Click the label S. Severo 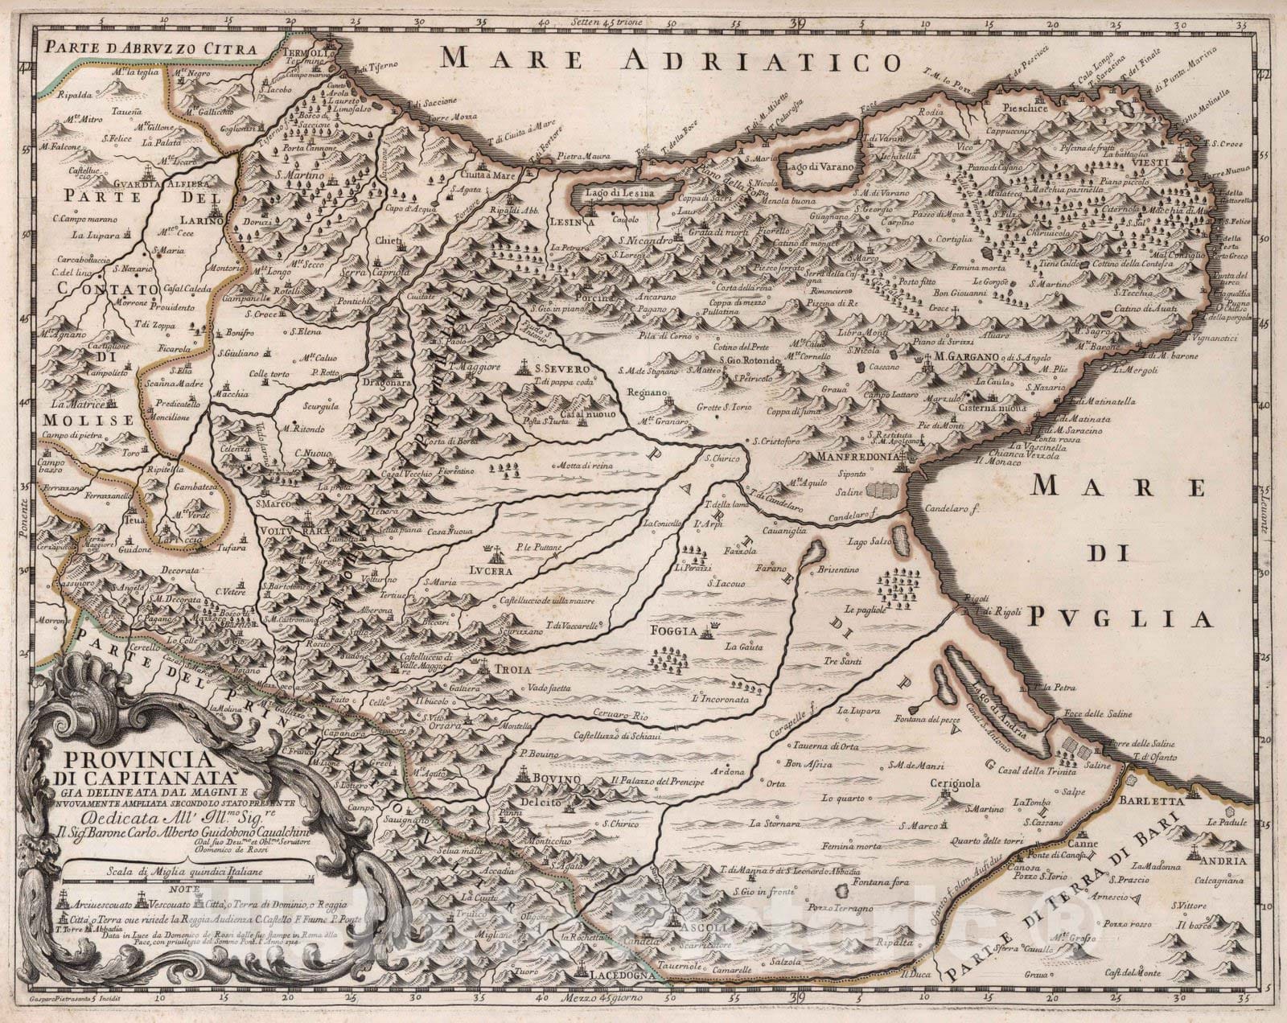point(561,369)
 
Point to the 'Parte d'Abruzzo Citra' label point(151,47)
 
